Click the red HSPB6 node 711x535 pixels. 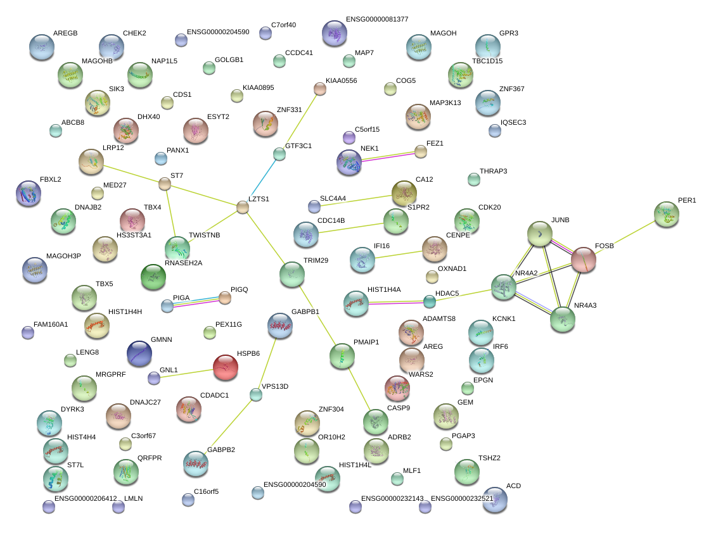point(225,367)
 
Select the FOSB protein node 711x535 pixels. point(584,260)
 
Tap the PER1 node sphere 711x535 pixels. point(666,215)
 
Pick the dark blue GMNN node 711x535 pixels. point(139,353)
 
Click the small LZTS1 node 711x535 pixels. point(243,208)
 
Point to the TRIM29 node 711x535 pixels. point(292,274)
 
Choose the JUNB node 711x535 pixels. point(540,234)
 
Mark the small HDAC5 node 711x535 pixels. point(430,301)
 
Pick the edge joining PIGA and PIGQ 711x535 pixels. point(196,301)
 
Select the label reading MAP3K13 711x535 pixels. point(445,103)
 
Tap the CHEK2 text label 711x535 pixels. point(134,33)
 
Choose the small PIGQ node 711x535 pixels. point(225,298)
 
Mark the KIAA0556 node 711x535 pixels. point(320,89)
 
